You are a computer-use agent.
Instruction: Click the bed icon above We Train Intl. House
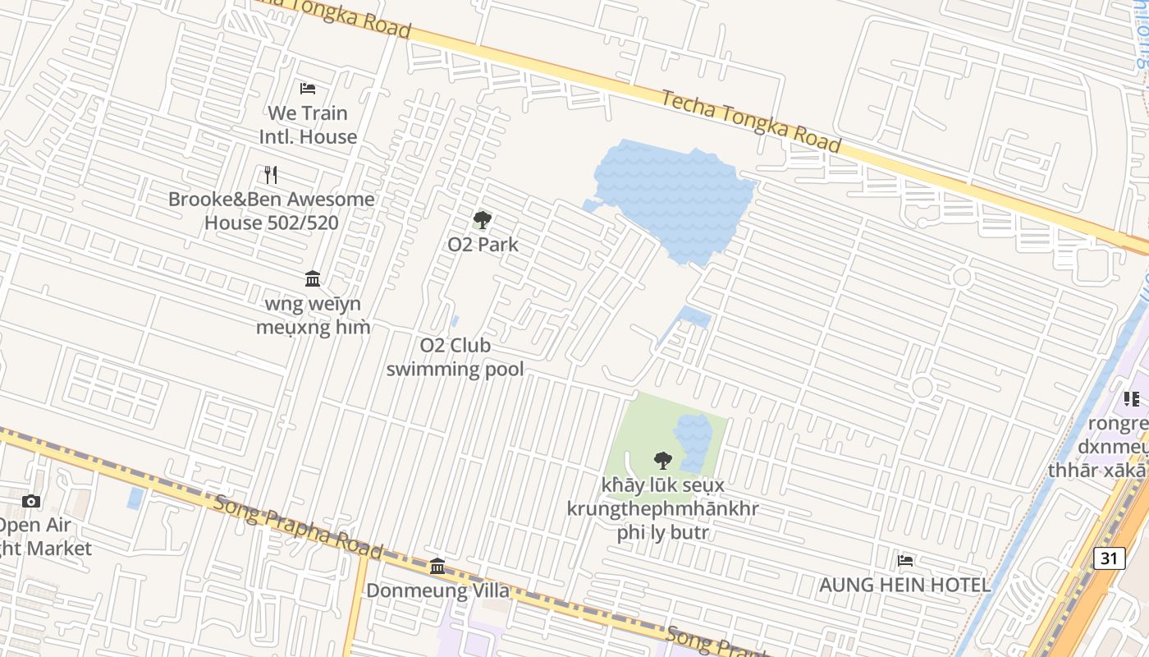pyautogui.click(x=308, y=88)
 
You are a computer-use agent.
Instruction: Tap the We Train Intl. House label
pyautogui.click(x=309, y=125)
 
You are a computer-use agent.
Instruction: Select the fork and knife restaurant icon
pyautogui.click(x=271, y=174)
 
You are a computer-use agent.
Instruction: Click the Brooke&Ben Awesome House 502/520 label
pyautogui.click(x=272, y=211)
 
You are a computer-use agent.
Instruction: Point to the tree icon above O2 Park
pyautogui.click(x=483, y=219)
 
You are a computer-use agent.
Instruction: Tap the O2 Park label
pyautogui.click(x=483, y=244)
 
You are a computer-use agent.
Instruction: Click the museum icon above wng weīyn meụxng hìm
pyautogui.click(x=313, y=279)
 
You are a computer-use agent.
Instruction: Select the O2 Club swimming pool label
pyautogui.click(x=455, y=357)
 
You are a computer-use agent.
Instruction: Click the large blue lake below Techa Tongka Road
pyautogui.click(x=673, y=197)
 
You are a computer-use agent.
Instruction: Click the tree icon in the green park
pyautogui.click(x=662, y=461)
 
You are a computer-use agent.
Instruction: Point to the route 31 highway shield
pyautogui.click(x=1109, y=558)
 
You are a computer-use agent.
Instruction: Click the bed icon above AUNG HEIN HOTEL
pyautogui.click(x=905, y=560)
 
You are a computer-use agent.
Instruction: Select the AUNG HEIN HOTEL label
pyautogui.click(x=905, y=586)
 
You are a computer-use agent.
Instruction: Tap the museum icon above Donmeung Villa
pyautogui.click(x=437, y=566)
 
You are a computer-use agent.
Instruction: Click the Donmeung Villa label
pyautogui.click(x=437, y=590)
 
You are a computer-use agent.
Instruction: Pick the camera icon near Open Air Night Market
pyautogui.click(x=31, y=501)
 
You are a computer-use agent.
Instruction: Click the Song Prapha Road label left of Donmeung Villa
pyautogui.click(x=298, y=526)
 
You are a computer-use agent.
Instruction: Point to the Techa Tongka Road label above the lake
pyautogui.click(x=751, y=122)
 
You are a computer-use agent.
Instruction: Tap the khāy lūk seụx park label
pyautogui.click(x=662, y=508)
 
